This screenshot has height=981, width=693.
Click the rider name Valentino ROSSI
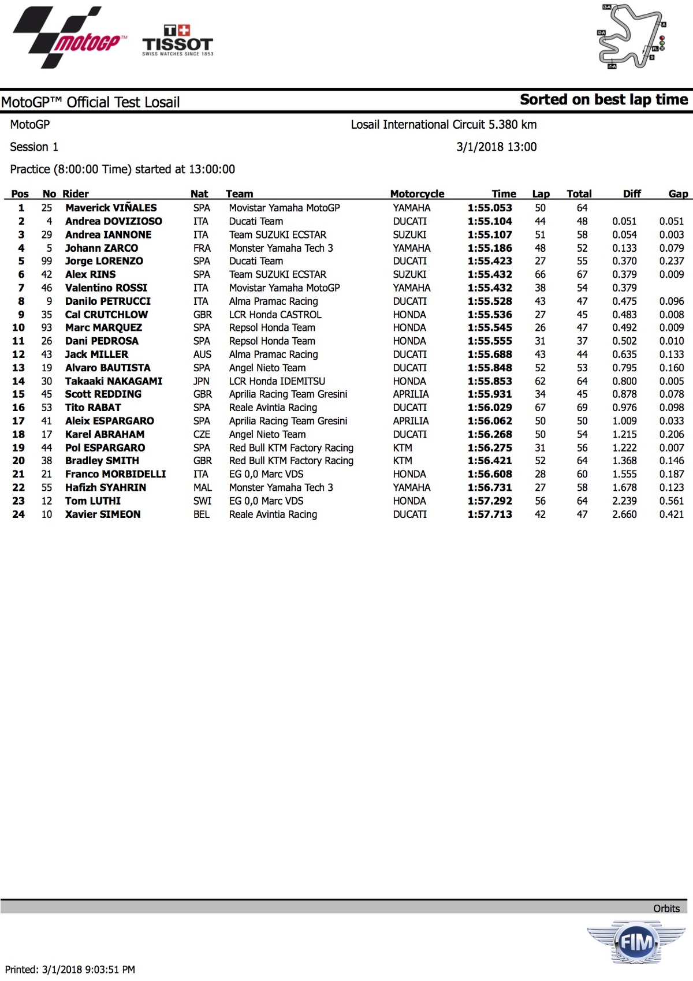tap(106, 288)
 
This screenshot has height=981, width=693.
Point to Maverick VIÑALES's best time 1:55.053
tap(490, 208)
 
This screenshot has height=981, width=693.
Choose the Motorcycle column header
tap(417, 194)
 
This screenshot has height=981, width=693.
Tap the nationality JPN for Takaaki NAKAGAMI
tap(202, 381)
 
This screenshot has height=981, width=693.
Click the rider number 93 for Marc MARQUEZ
tap(47, 327)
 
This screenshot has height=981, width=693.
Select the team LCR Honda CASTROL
tap(275, 315)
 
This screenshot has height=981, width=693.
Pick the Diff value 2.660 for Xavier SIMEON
tap(624, 514)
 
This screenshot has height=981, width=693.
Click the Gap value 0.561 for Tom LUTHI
tap(672, 501)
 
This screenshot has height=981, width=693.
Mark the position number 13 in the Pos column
tap(18, 368)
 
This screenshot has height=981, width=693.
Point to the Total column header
tap(579, 194)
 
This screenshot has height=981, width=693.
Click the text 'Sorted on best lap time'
tap(603, 100)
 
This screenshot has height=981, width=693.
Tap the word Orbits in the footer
tap(666, 909)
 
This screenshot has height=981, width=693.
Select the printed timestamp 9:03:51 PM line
tap(70, 969)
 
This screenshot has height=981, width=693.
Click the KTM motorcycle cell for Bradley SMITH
tap(403, 461)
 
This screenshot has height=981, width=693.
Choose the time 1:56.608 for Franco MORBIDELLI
tap(490, 474)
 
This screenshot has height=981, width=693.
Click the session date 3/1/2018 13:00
tap(496, 147)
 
